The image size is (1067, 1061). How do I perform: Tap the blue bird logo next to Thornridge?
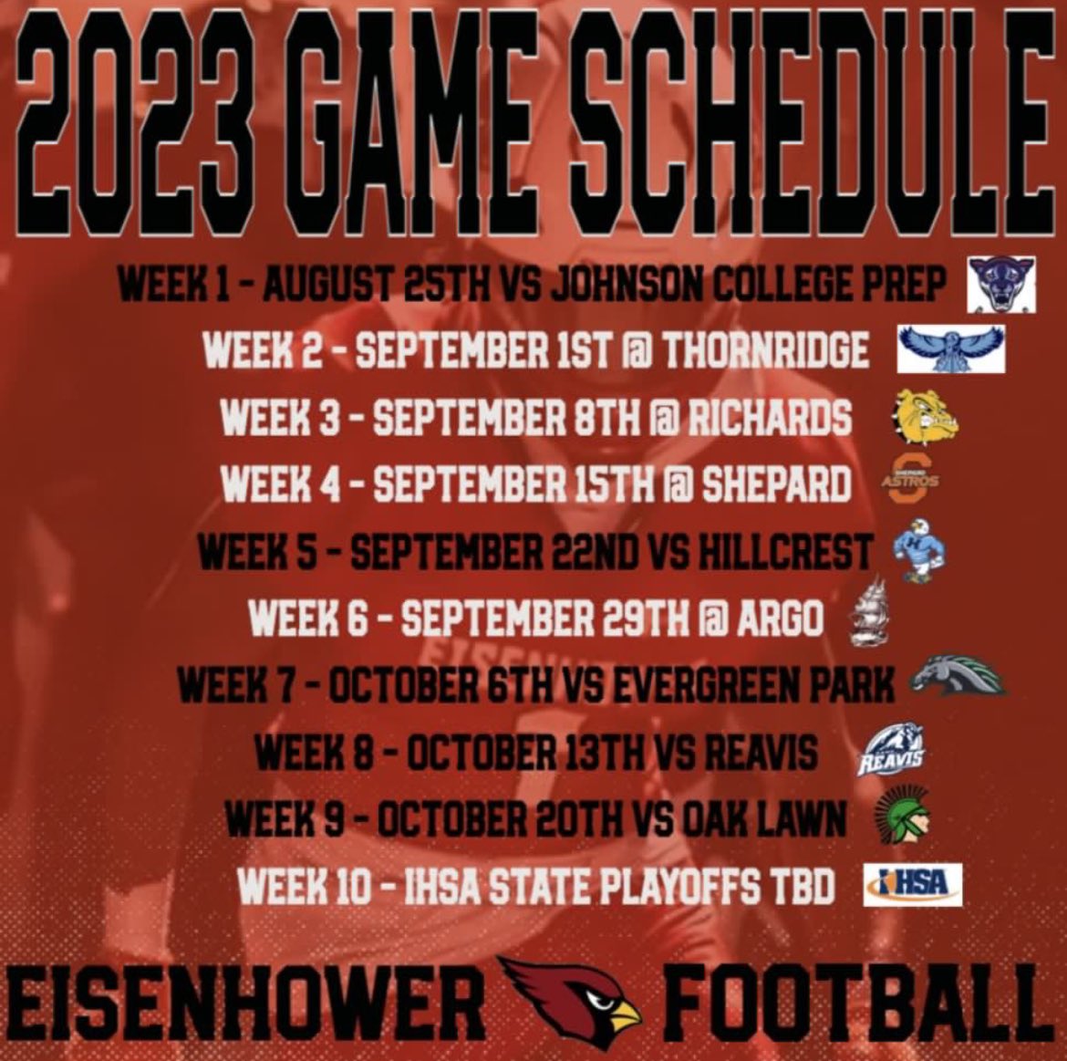951,349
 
